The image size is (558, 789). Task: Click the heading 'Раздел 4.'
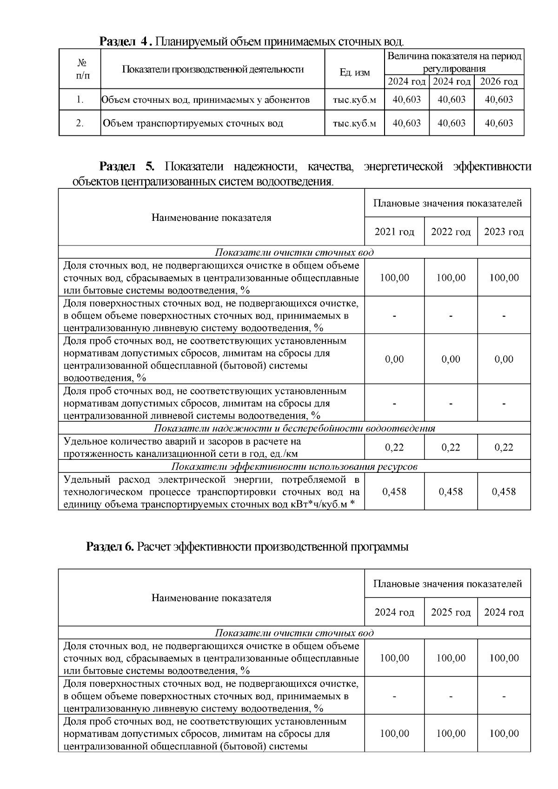126,42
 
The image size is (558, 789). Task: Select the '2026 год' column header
499,82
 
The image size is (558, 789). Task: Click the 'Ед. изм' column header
354,73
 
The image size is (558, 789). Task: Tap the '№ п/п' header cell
80,69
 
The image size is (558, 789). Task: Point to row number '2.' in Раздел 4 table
80,123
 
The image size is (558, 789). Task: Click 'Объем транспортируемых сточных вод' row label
193,123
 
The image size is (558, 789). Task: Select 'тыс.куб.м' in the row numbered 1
354,99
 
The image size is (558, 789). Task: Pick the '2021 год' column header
394,232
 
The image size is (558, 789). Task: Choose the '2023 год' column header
504,232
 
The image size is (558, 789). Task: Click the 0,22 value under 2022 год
451,447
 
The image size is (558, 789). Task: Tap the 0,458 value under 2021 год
394,491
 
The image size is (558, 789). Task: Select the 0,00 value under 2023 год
504,359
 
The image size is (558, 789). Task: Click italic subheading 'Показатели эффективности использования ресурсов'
294,466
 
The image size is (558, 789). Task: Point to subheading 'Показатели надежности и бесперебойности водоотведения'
294,428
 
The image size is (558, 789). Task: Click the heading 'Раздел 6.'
110,547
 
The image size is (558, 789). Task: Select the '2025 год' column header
451,612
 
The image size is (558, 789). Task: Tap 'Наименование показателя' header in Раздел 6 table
211,598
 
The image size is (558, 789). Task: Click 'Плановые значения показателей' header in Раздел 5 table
447,203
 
